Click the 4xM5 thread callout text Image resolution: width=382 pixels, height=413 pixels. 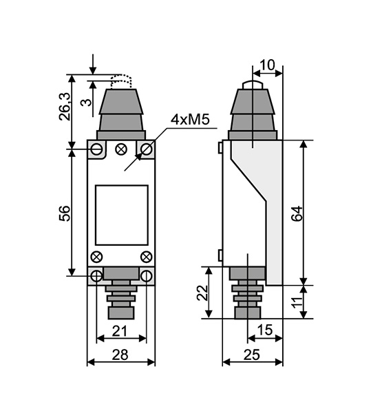(190, 120)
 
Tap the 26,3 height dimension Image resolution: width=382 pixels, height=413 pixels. (65, 107)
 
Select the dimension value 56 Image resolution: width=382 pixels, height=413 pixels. (65, 213)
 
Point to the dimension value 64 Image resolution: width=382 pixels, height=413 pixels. (297, 213)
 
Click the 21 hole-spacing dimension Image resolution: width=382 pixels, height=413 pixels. (120, 331)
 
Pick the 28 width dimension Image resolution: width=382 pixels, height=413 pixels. (120, 354)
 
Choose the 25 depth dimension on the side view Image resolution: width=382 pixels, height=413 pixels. (252, 354)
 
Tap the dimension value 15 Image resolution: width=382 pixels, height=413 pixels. (265, 330)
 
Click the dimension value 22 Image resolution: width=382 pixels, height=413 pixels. (202, 293)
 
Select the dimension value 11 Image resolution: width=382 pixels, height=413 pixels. (297, 302)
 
